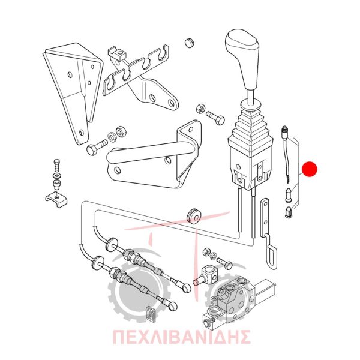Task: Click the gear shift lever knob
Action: [x=243, y=58]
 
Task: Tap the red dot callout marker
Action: [x=310, y=169]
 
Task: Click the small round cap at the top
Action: [x=189, y=43]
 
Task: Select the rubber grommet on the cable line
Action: [x=193, y=217]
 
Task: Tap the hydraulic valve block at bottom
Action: [x=239, y=301]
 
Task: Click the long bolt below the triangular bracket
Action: [x=97, y=147]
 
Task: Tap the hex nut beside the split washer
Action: [x=120, y=131]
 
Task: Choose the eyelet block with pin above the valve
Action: [x=206, y=275]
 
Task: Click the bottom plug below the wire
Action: [x=288, y=212]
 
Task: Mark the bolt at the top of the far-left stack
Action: [x=57, y=165]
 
